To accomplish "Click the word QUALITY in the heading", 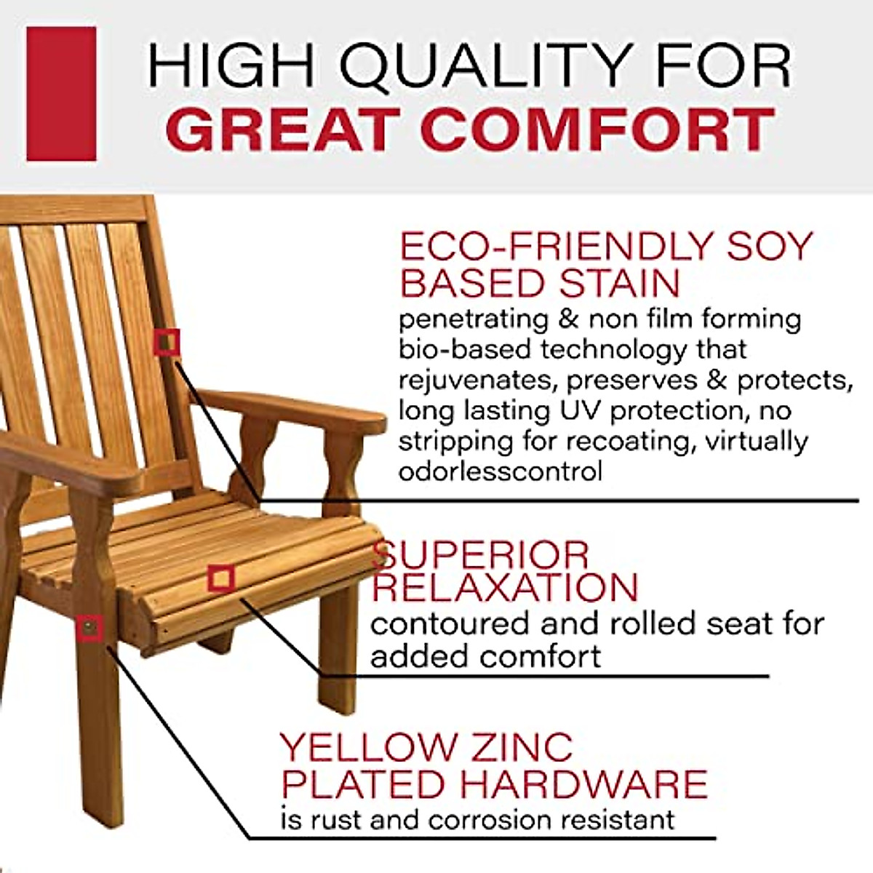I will (480, 67).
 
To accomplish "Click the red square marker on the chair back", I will (167, 341).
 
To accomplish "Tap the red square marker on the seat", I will (220, 578).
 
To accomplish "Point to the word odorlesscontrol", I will (501, 471).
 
